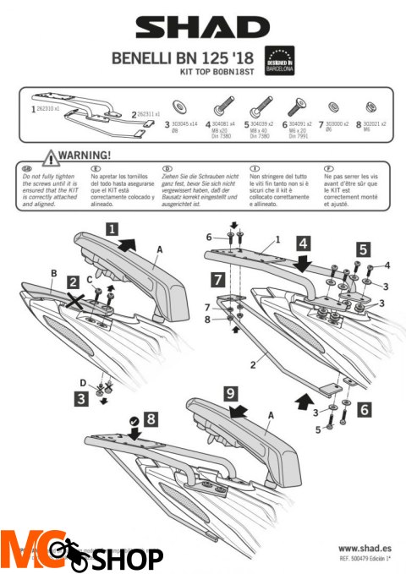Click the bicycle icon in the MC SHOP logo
[x=62, y=551]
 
